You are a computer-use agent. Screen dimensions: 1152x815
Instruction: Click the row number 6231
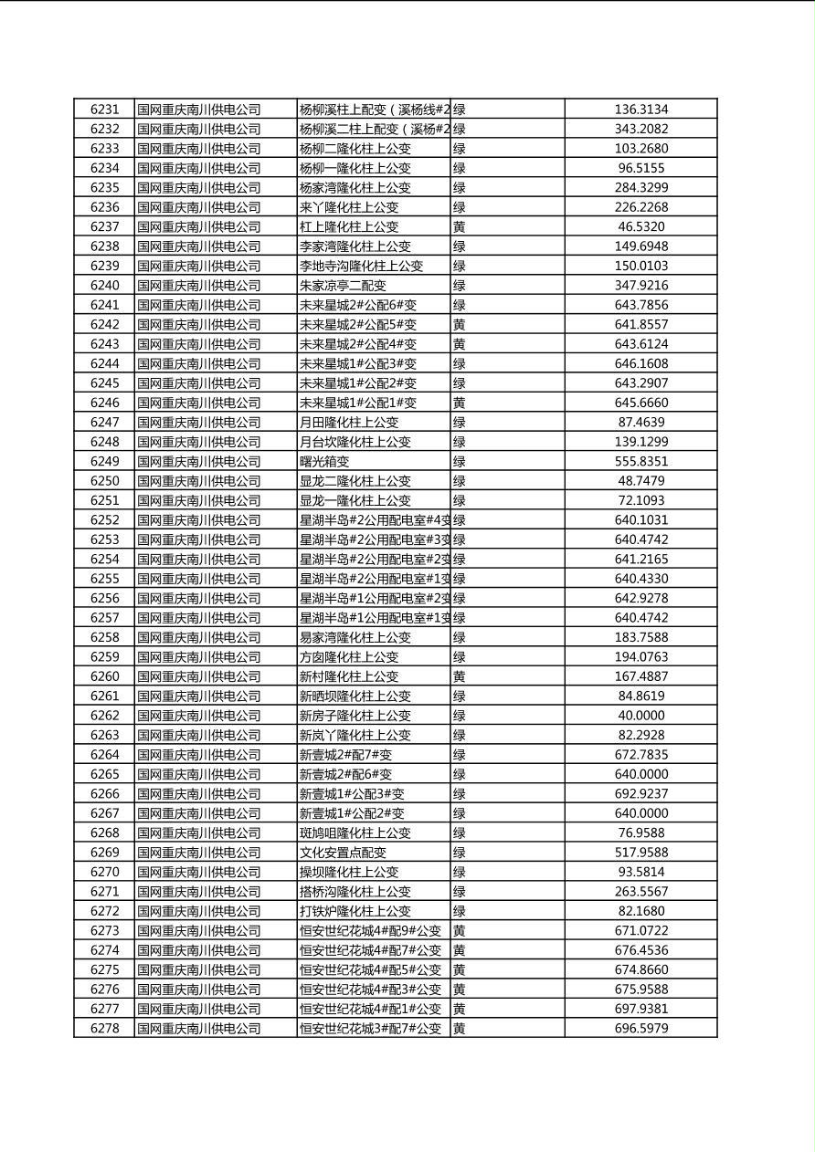pyautogui.click(x=104, y=110)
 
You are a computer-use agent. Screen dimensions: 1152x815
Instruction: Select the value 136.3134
pyautogui.click(x=640, y=110)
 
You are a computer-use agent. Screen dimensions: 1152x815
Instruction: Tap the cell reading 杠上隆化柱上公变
pyautogui.click(x=349, y=226)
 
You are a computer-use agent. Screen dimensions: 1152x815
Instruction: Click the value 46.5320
pyautogui.click(x=640, y=226)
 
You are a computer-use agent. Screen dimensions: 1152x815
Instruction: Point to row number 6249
pyautogui.click(x=104, y=461)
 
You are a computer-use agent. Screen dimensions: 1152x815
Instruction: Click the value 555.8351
pyautogui.click(x=640, y=461)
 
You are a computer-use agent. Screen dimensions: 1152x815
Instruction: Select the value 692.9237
pyautogui.click(x=640, y=793)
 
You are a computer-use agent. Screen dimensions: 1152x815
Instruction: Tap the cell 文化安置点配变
pyautogui.click(x=343, y=853)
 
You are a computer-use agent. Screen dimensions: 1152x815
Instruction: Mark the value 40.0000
pyautogui.click(x=640, y=716)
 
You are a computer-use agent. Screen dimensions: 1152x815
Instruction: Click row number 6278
pyautogui.click(x=104, y=1028)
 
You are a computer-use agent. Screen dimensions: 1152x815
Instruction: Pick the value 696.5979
pyautogui.click(x=640, y=1028)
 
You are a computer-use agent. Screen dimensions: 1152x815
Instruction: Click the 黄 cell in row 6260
pyautogui.click(x=460, y=676)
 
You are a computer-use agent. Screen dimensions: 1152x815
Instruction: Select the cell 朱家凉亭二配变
pyautogui.click(x=343, y=285)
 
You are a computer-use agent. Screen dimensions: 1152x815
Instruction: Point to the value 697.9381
pyautogui.click(x=640, y=1009)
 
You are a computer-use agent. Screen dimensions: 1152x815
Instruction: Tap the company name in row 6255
pyautogui.click(x=199, y=579)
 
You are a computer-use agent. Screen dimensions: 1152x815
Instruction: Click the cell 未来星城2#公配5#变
pyautogui.click(x=358, y=324)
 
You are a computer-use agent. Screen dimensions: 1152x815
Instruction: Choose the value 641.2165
pyautogui.click(x=640, y=559)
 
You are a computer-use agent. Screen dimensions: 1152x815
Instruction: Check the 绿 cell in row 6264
pyautogui.click(x=460, y=755)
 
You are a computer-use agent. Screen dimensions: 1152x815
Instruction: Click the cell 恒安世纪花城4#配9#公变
pyautogui.click(x=370, y=930)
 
